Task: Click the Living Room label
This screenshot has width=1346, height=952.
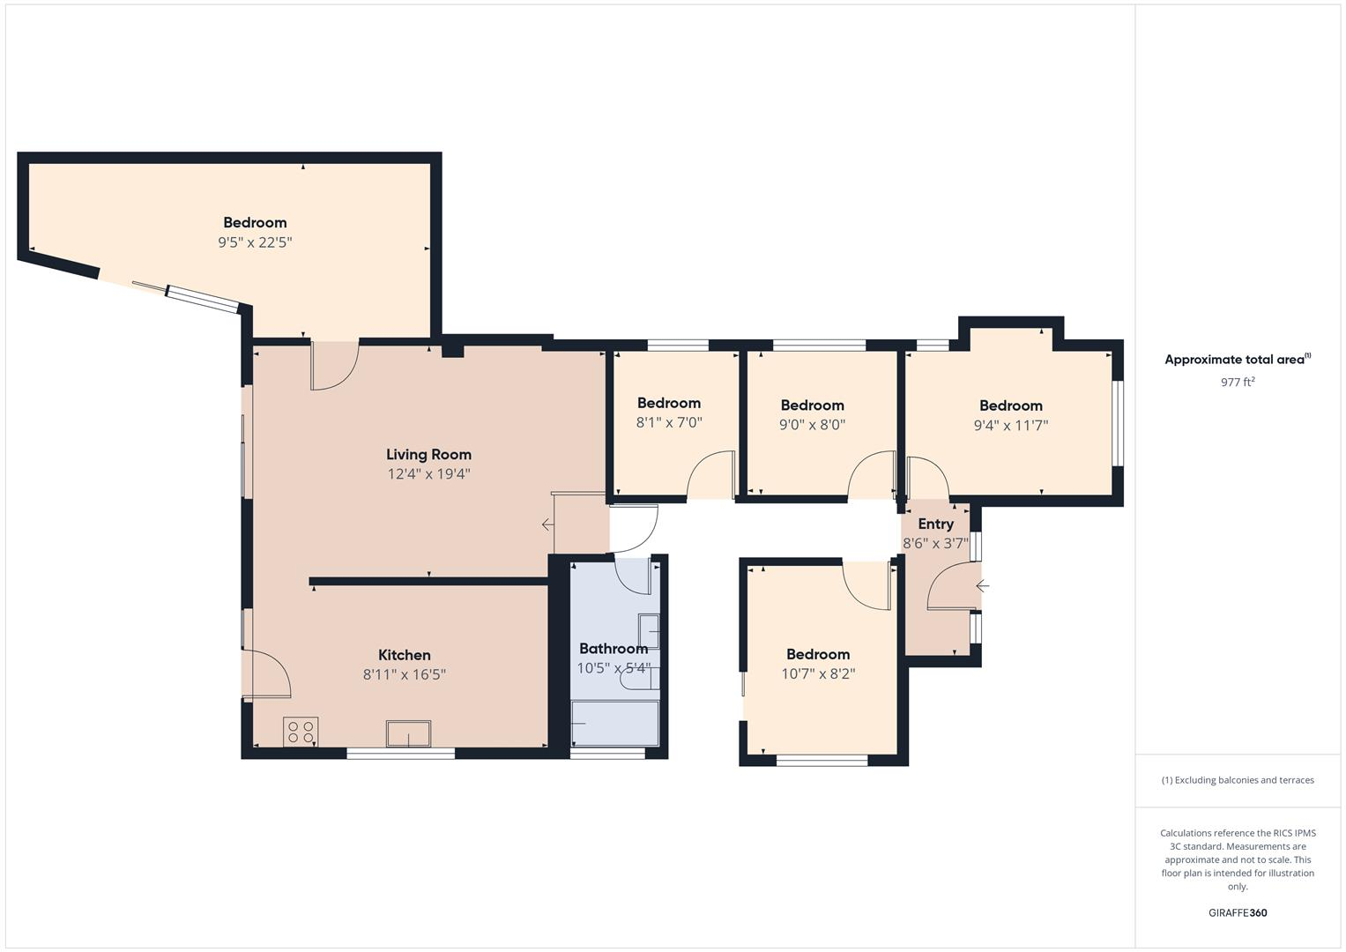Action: coord(428,455)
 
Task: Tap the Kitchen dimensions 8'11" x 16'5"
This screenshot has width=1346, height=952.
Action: coord(405,674)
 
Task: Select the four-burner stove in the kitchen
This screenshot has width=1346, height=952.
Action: coord(301,732)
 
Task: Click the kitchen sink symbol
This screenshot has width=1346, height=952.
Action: coord(408,733)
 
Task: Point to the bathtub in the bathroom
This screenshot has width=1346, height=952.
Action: coord(614,723)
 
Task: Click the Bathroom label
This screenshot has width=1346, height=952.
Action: coord(614,649)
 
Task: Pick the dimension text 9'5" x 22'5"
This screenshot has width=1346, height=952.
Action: coord(255,242)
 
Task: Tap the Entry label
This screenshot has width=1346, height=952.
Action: coord(935,524)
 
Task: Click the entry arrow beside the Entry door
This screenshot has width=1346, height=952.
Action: coord(982,586)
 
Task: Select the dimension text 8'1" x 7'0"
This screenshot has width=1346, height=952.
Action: coord(669,423)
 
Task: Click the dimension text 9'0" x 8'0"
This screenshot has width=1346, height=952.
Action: coord(812,425)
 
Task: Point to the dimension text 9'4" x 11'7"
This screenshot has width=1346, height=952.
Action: coord(1010,425)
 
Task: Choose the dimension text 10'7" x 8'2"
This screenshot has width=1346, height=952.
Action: coord(818,674)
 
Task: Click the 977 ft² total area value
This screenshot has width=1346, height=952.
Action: coord(1237,383)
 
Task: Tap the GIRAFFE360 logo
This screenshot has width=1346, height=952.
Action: coord(1237,913)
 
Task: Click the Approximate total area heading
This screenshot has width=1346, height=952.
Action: coord(1237,360)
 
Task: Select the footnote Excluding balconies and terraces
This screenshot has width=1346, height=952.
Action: coord(1238,780)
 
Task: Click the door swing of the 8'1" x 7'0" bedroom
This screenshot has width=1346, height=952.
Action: coord(710,476)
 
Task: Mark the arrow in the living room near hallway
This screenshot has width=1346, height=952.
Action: coord(547,525)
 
